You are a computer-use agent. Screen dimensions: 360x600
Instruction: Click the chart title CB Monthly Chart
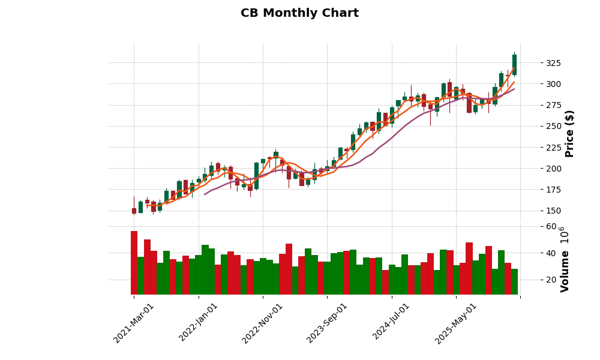(x=299, y=13)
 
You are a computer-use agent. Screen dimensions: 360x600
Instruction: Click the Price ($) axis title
(x=569, y=133)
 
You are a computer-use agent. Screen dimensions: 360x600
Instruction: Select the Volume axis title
(x=565, y=259)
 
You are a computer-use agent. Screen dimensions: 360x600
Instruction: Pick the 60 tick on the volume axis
(x=551, y=226)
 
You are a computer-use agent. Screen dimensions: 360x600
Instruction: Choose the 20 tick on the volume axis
(x=551, y=280)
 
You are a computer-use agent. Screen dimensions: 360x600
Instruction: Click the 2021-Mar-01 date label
(x=134, y=323)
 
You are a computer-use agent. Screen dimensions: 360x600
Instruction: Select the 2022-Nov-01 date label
(x=263, y=323)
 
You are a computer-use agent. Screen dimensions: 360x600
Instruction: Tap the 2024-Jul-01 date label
(x=391, y=323)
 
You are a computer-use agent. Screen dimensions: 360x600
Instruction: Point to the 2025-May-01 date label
(x=456, y=323)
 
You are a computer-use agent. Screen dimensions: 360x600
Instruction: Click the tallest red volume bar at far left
(x=134, y=263)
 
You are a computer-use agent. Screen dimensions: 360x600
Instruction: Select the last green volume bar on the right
(x=514, y=281)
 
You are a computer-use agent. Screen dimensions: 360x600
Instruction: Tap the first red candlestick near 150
(x=134, y=211)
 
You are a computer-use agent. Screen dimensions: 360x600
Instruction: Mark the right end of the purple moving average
(x=514, y=89)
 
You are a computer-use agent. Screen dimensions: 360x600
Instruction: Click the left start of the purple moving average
(x=205, y=194)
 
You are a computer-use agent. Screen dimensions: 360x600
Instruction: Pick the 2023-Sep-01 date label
(x=327, y=323)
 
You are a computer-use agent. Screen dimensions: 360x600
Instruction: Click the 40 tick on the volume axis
(x=551, y=253)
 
